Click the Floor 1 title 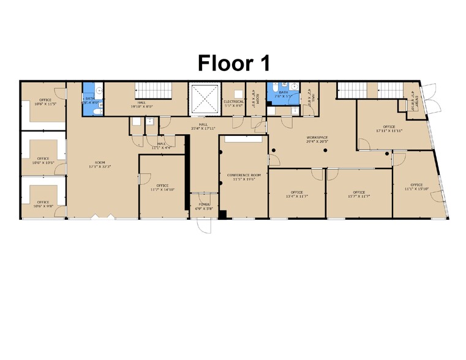(x=233, y=63)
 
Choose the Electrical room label (x=233, y=103)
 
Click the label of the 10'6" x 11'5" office (x=44, y=102)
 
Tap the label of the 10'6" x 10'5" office (x=43, y=160)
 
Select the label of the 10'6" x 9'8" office (x=43, y=204)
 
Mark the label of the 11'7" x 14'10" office (x=162, y=187)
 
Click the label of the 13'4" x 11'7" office (x=297, y=194)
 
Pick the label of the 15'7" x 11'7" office (x=359, y=194)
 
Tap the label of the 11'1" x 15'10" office (x=416, y=187)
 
